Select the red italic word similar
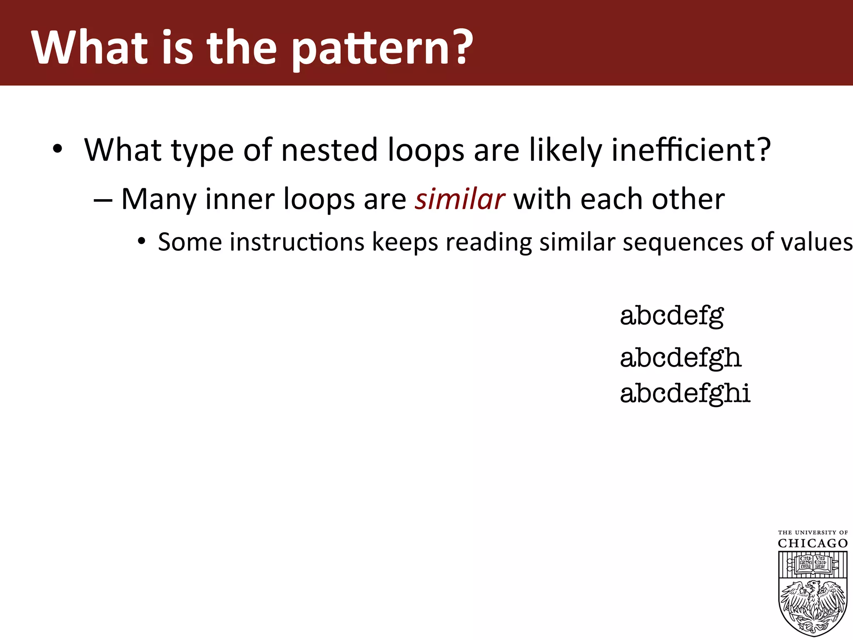click(x=460, y=199)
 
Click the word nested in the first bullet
click(x=329, y=150)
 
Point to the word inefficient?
click(x=691, y=150)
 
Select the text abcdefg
click(x=671, y=316)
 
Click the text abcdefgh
click(x=681, y=358)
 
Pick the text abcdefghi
click(x=685, y=393)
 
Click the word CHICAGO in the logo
click(x=813, y=543)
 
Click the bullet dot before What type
click(x=57, y=149)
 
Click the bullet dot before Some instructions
click(x=142, y=241)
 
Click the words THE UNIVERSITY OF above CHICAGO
click(x=813, y=532)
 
